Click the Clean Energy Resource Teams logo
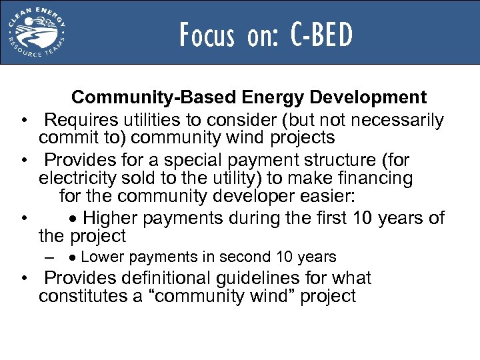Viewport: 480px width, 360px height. (x=37, y=32)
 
